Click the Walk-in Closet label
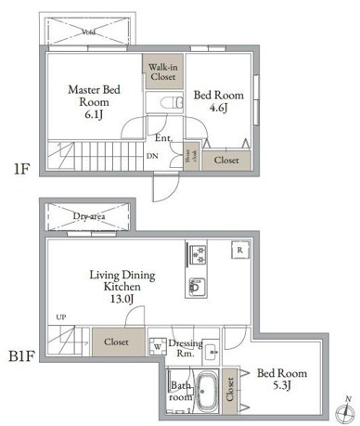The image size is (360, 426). (163, 71)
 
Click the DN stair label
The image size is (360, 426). (152, 157)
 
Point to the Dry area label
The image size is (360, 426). (89, 216)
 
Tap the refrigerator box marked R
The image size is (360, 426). (239, 251)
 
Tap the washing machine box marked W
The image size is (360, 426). (157, 348)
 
